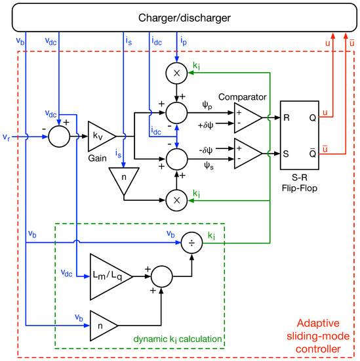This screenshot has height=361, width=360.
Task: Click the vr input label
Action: [6, 137]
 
